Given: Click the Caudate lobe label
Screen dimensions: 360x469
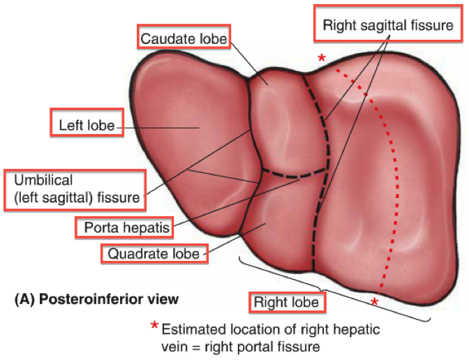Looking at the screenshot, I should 184,38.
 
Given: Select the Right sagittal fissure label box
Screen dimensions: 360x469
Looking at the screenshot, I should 388,27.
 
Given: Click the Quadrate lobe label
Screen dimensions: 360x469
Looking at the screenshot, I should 155,253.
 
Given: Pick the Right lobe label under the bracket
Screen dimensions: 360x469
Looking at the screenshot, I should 286,302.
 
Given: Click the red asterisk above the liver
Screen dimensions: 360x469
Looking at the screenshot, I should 321,59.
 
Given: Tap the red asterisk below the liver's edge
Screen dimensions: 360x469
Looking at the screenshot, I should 375,301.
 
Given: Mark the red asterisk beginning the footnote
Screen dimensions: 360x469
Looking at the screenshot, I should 154,327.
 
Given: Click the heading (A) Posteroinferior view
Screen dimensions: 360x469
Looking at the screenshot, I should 96,299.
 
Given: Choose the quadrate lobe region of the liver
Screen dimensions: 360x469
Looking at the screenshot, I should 279,223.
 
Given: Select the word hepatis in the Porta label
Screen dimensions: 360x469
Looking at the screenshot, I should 149,227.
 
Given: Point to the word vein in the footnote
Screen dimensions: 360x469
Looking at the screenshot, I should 174,344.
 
